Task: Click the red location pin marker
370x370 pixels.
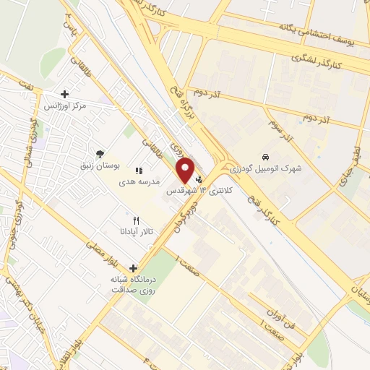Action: pyautogui.click(x=186, y=170)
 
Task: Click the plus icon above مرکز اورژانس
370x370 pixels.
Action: pyautogui.click(x=65, y=94)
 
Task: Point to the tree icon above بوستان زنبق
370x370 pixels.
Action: pyautogui.click(x=99, y=153)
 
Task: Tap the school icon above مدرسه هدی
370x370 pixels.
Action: pyautogui.click(x=139, y=171)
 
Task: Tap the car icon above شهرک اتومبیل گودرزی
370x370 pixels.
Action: pyautogui.click(x=267, y=156)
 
